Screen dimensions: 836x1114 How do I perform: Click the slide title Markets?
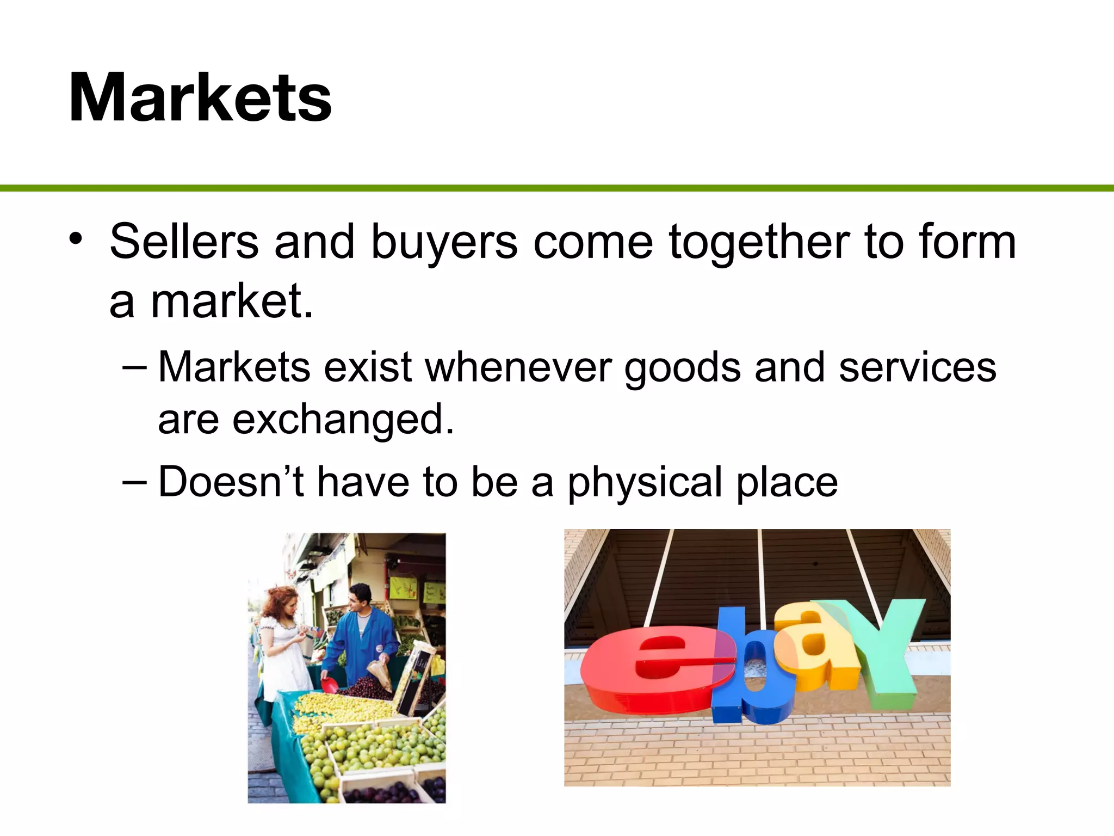tap(200, 98)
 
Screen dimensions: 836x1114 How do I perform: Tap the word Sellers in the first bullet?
tap(184, 242)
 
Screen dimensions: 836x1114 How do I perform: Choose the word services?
tap(917, 367)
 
